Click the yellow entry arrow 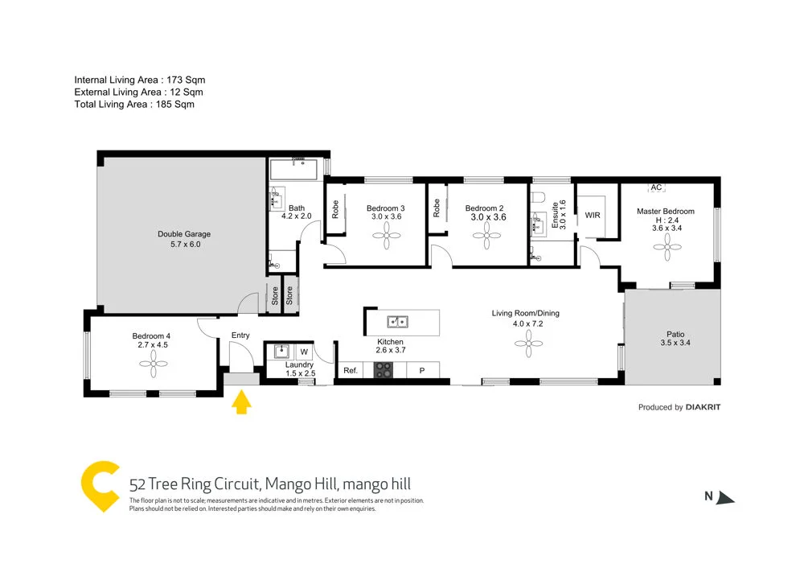tap(240, 401)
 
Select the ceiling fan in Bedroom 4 tap(152, 364)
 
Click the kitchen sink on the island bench tap(397, 323)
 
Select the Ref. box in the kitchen tap(351, 371)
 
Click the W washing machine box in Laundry tap(304, 352)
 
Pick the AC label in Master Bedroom tap(656, 187)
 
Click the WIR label tap(593, 216)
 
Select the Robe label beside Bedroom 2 tap(437, 209)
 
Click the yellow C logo tap(100, 486)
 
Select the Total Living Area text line tap(134, 104)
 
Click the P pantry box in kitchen tap(421, 371)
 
